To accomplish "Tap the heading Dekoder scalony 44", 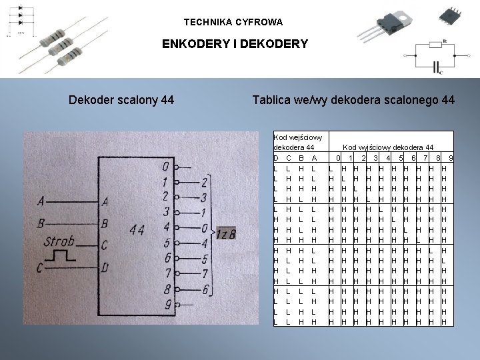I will pyautogui.click(x=122, y=101).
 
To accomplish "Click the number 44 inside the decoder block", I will pyautogui.click(x=137, y=230).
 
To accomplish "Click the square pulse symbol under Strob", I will pyautogui.click(x=65, y=255).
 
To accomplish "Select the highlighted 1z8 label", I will pyautogui.click(x=226, y=233).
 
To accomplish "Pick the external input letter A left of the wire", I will pyautogui.click(x=43, y=200).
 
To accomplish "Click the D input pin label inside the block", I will pyautogui.click(x=105, y=268).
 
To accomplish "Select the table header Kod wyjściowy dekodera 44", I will pyautogui.click(x=388, y=147).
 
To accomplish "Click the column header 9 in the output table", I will pyautogui.click(x=451, y=158).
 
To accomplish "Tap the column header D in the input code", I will pyautogui.click(x=276, y=158).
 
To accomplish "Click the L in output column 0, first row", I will pyautogui.click(x=331, y=169).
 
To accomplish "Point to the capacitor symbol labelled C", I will pyautogui.click(x=437, y=67).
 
